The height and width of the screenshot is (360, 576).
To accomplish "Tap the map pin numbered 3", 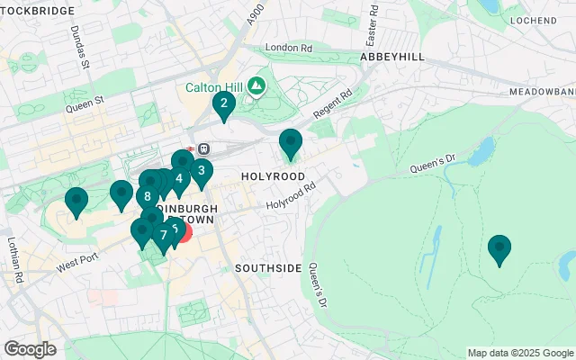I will pyautogui.click(x=201, y=171).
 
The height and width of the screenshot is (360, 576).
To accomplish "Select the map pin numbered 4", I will pyautogui.click(x=179, y=179).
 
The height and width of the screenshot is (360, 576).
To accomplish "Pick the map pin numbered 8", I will pyautogui.click(x=147, y=195).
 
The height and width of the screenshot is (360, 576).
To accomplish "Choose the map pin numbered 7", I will pyautogui.click(x=163, y=236).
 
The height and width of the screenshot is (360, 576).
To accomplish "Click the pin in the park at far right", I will pyautogui.click(x=499, y=247).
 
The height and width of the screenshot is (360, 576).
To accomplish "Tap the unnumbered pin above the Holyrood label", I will pyautogui.click(x=290, y=142).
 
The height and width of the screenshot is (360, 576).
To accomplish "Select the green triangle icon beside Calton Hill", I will pyautogui.click(x=256, y=86).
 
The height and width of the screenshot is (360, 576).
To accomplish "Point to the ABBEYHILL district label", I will pyautogui.click(x=390, y=56).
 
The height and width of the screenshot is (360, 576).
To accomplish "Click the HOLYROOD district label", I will pyautogui.click(x=271, y=175).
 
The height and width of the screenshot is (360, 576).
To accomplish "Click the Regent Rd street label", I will pyautogui.click(x=332, y=107).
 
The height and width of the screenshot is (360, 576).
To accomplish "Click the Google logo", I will pyautogui.click(x=30, y=349).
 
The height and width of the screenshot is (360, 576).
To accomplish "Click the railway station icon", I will pyautogui.click(x=204, y=148).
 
